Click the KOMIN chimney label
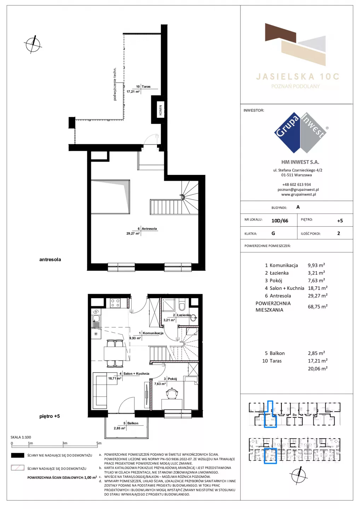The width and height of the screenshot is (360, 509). click(161, 110)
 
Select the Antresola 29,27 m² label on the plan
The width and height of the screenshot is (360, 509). click(142, 231)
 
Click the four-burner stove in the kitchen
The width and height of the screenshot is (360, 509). click(115, 303)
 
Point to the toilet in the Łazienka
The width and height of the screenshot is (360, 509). click(182, 305)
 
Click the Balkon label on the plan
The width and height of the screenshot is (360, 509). click(133, 423)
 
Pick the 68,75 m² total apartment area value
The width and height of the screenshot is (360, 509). click(318, 306)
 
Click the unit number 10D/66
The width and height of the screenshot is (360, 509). click(280, 221)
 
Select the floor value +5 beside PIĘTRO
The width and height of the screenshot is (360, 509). click(340, 221)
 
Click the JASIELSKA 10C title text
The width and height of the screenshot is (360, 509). click(298, 77)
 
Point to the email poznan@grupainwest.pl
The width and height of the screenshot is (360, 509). click(298, 189)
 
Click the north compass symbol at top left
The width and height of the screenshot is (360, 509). click(33, 44)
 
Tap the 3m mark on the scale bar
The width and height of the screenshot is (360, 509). click(65, 443)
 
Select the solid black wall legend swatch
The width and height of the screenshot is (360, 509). click(17, 455)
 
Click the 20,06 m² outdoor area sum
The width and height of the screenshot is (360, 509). click(318, 369)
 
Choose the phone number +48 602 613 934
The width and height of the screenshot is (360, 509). click(297, 185)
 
